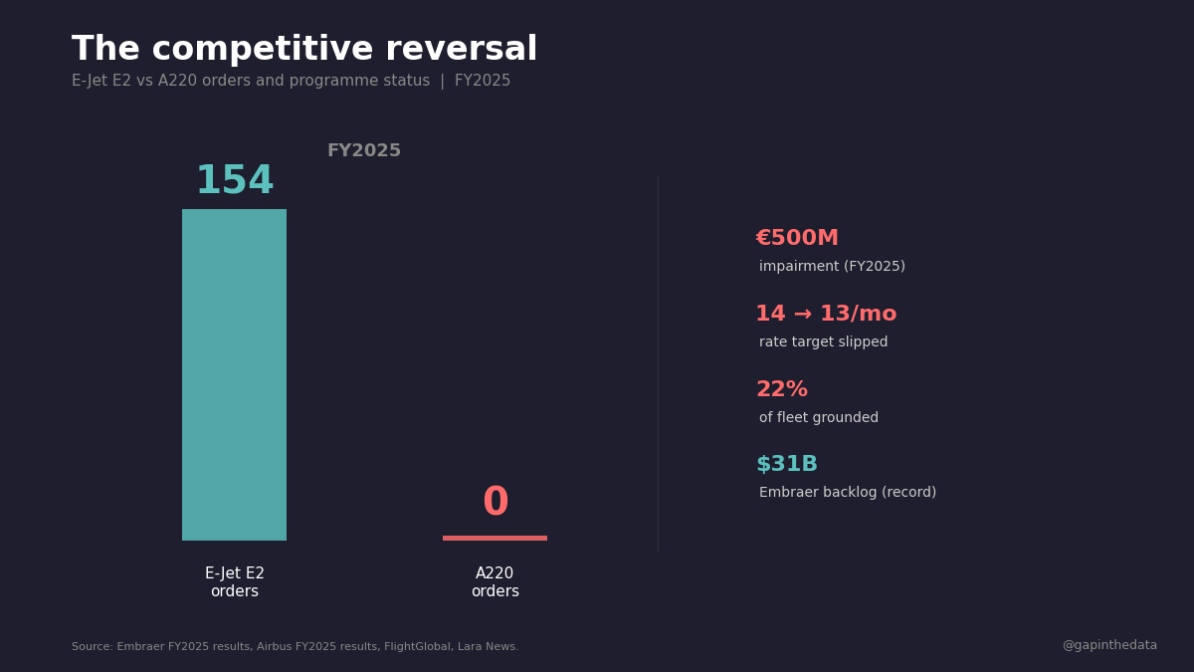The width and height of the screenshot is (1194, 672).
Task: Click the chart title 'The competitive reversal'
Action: [303, 50]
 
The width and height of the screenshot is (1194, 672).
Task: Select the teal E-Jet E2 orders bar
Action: [234, 374]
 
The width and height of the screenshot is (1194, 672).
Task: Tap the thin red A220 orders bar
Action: [495, 538]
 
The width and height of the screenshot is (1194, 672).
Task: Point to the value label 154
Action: [234, 182]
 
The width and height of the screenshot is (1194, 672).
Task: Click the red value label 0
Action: [495, 503]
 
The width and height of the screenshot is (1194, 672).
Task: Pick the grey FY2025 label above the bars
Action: [364, 151]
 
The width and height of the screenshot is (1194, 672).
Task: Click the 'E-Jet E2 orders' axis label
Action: [235, 582]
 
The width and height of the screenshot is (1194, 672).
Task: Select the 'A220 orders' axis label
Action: [495, 582]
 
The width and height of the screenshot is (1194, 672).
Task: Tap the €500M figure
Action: [797, 239]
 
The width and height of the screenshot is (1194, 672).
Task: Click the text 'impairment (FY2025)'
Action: [832, 267]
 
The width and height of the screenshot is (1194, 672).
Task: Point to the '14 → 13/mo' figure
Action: [826, 315]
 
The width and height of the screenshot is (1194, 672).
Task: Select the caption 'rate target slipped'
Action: [823, 342]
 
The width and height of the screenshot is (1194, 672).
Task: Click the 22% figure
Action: [781, 390]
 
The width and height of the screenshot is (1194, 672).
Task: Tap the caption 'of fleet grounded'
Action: [818, 418]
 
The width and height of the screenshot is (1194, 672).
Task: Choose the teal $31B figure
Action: [786, 465]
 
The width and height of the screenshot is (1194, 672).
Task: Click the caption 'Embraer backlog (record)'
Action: [847, 493]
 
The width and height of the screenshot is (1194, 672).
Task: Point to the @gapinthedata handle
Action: [1109, 645]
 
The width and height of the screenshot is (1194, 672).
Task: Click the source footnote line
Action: [295, 647]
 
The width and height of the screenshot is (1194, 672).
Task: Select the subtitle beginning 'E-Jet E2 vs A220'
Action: [291, 82]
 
